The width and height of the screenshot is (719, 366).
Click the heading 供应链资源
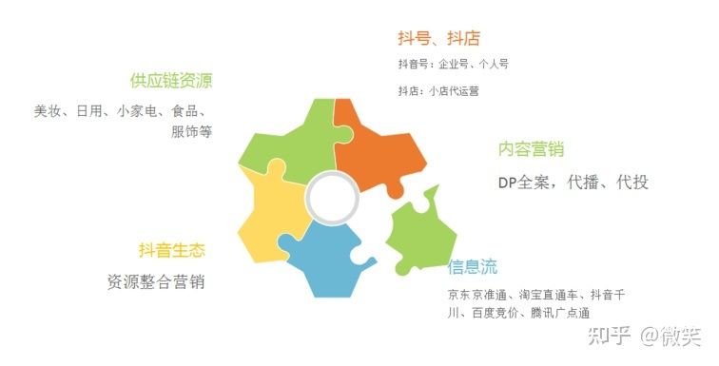point(171,81)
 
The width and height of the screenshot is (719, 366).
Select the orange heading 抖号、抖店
point(438,38)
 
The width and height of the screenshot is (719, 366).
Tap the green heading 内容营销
point(531,149)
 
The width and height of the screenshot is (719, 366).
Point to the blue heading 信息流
point(473,267)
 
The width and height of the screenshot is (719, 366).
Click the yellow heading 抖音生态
point(171,250)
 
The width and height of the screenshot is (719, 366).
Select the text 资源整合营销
point(156,282)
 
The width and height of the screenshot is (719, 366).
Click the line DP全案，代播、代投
point(573,182)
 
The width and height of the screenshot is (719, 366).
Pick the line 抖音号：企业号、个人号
point(453,64)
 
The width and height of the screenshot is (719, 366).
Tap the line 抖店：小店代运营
point(439,91)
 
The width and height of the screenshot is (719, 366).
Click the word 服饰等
point(191,131)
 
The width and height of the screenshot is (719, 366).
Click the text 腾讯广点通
point(561,313)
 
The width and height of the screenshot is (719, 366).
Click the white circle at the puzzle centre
point(331,199)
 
